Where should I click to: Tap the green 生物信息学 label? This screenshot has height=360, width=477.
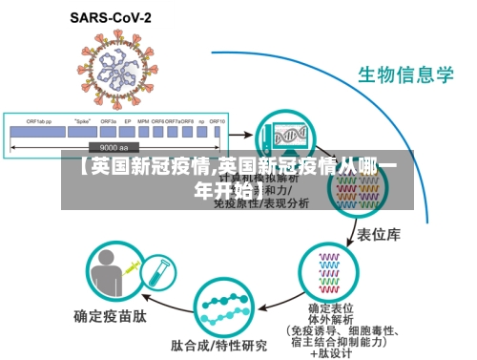coord(404,74)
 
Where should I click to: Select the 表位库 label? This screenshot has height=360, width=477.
coord(377,232)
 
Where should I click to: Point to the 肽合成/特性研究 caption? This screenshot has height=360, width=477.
coord(218,344)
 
